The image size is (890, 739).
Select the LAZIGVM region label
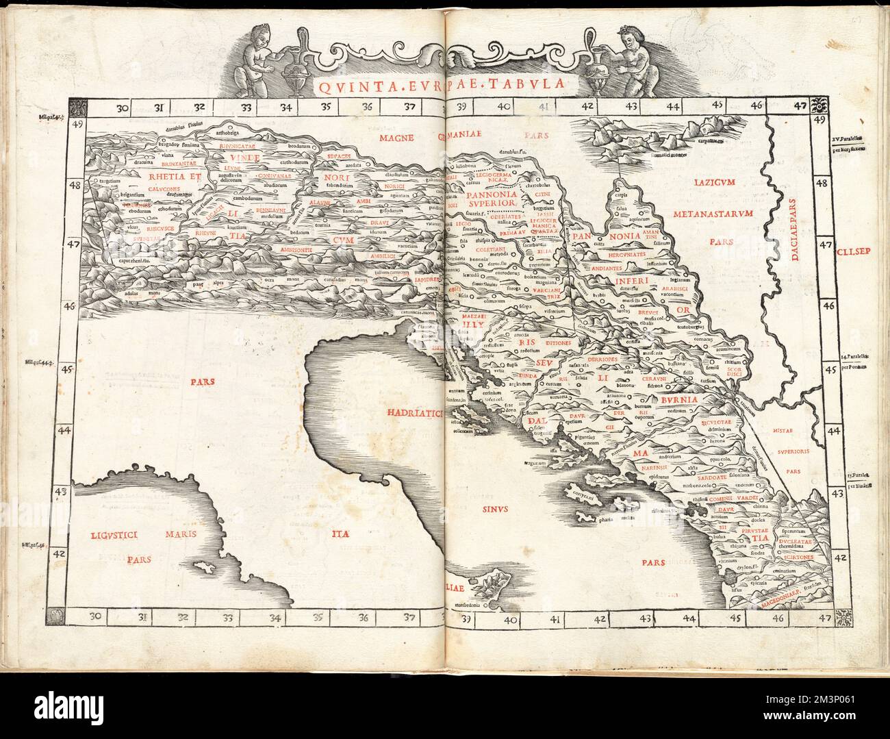pyautogui.click(x=715, y=184)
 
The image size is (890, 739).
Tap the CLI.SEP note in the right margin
pyautogui.click(x=852, y=250)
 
